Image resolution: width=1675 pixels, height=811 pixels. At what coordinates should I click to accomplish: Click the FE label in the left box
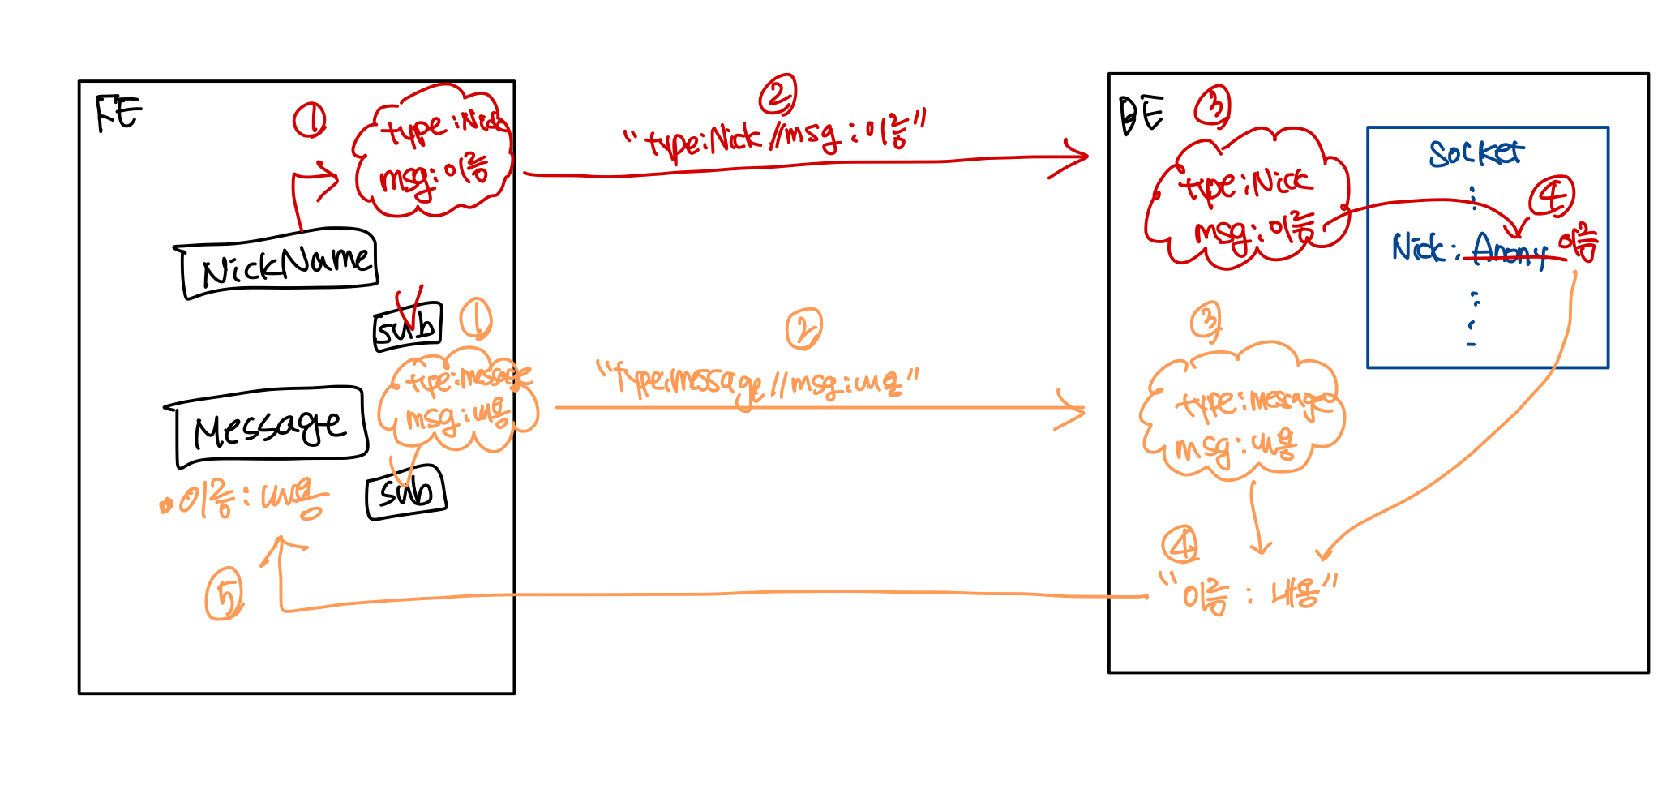[x=118, y=113]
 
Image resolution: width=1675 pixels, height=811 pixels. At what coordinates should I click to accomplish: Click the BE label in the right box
[x=1142, y=114]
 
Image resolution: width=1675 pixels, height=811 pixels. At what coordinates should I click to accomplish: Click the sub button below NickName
[x=407, y=327]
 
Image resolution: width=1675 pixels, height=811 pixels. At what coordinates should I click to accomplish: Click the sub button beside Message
[x=406, y=491]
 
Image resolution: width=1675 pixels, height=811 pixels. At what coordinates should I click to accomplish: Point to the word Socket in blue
[x=1476, y=152]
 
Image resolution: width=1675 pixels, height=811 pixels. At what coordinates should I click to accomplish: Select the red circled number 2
[x=778, y=96]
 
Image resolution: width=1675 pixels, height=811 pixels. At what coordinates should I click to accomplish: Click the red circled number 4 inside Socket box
[x=1551, y=197]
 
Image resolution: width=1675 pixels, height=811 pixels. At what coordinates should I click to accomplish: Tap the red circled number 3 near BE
[x=1213, y=106]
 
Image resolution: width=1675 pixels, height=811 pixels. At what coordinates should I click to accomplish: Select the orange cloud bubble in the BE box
[x=1240, y=414]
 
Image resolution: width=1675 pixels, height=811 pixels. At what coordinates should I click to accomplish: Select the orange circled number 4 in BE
[x=1180, y=544]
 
